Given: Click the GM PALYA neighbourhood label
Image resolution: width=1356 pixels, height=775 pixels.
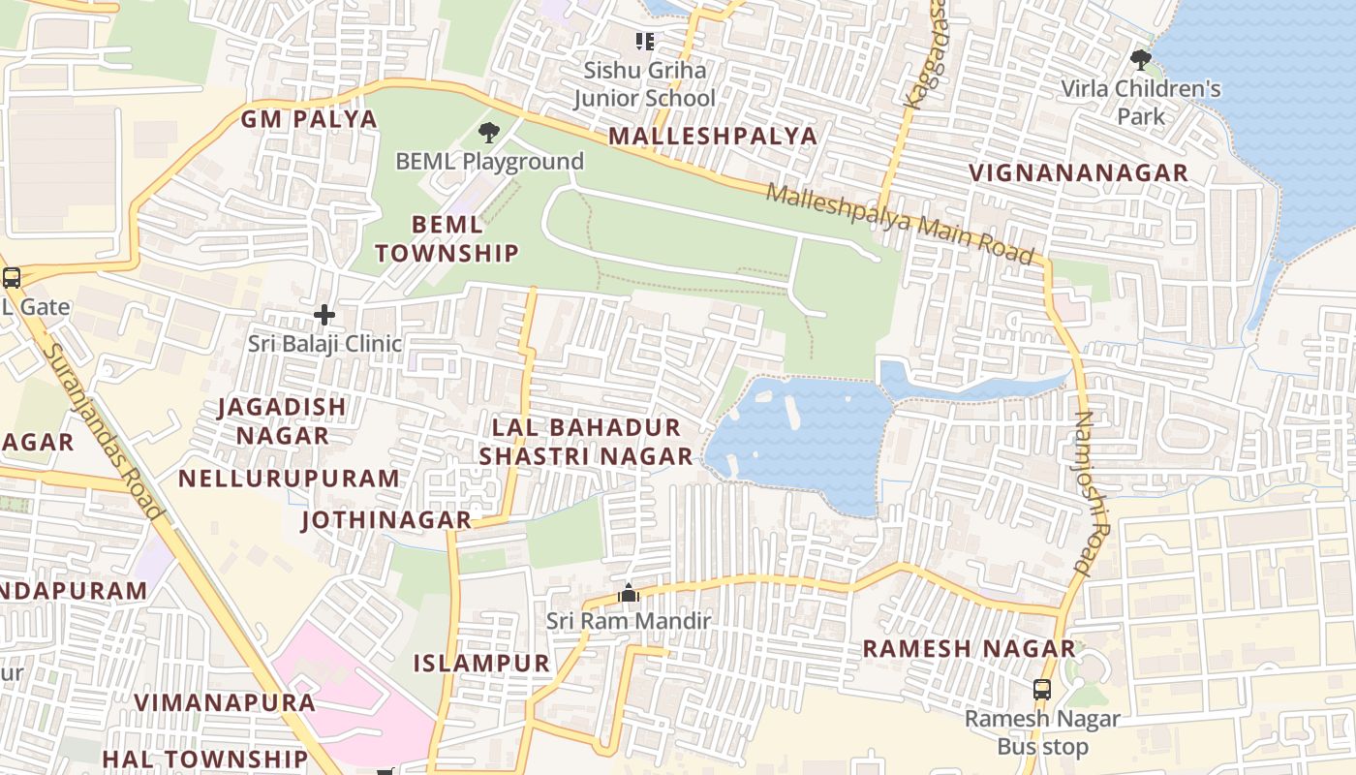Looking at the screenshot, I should [x=308, y=119].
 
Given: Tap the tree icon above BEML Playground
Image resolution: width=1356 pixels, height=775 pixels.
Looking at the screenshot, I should [x=489, y=132].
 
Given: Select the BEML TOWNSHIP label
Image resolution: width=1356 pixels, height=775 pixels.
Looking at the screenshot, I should [x=447, y=239].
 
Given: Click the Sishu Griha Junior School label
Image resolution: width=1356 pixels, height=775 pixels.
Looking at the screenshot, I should [x=644, y=84].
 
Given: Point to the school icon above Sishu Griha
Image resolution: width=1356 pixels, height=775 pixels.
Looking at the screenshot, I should [x=645, y=41].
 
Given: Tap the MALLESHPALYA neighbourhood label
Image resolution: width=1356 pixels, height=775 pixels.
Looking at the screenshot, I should [x=713, y=136].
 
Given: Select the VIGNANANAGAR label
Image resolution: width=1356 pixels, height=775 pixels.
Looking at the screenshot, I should [x=1078, y=173].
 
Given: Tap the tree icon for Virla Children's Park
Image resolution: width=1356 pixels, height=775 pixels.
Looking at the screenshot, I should [x=1141, y=60].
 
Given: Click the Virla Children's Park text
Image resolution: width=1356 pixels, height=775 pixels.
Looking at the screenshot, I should [x=1141, y=103].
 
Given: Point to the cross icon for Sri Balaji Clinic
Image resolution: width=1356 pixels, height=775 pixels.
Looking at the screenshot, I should [x=324, y=315].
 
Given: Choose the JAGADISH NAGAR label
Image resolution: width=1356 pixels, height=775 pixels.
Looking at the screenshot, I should [x=282, y=420].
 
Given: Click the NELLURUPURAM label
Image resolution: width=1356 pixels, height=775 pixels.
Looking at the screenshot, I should [x=289, y=478].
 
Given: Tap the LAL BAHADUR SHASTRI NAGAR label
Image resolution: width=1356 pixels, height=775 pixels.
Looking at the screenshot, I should [x=586, y=442].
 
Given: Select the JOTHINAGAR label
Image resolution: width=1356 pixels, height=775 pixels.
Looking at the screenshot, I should [x=386, y=520].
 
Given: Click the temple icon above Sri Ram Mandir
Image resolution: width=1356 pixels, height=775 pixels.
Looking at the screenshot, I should [x=629, y=593].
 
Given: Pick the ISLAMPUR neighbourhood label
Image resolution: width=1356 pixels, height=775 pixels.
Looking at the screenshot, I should [x=481, y=664].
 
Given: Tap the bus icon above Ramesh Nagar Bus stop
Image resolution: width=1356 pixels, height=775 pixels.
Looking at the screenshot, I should [x=1042, y=690].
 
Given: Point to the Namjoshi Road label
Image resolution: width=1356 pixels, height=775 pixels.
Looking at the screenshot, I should [x=1086, y=493].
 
